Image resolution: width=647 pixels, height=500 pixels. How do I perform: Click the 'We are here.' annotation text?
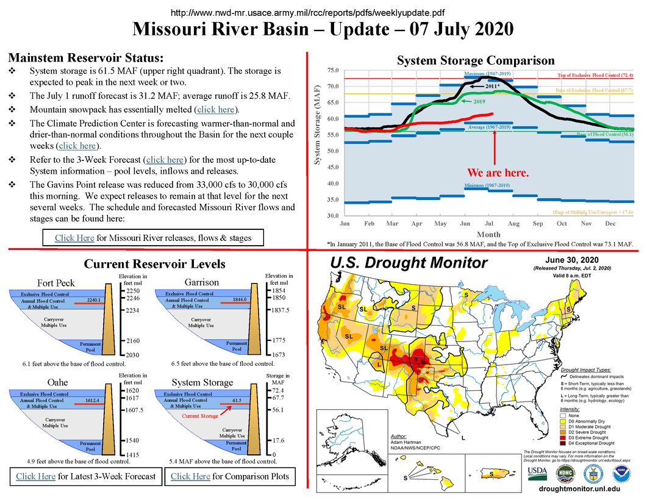[498, 173]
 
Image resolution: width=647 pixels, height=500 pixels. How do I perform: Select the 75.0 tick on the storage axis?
[334, 71]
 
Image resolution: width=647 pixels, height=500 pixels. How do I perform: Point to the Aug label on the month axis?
[513, 224]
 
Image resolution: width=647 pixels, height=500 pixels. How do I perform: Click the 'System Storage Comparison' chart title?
[476, 60]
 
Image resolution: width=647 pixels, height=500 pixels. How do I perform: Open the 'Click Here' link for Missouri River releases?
[74, 238]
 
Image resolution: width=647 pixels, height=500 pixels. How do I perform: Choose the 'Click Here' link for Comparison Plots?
[190, 476]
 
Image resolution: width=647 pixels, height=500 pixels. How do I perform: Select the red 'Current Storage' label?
[200, 416]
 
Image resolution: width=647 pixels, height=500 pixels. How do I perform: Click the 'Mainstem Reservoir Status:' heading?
[85, 59]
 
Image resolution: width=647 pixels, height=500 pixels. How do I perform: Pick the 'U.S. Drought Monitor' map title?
[409, 263]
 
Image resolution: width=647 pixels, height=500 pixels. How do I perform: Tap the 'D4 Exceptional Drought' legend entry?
[591, 443]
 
